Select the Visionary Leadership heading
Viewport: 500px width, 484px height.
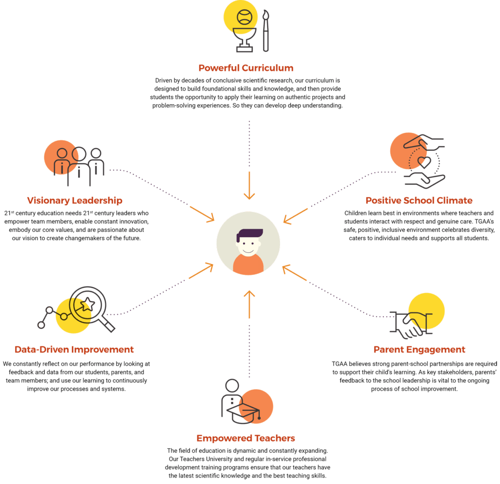click(75, 200)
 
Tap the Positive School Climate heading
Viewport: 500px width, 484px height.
click(419, 200)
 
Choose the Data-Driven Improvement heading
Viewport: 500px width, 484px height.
click(74, 350)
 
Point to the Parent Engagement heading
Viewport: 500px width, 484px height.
click(419, 350)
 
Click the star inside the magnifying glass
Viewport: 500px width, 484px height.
click(88, 305)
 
